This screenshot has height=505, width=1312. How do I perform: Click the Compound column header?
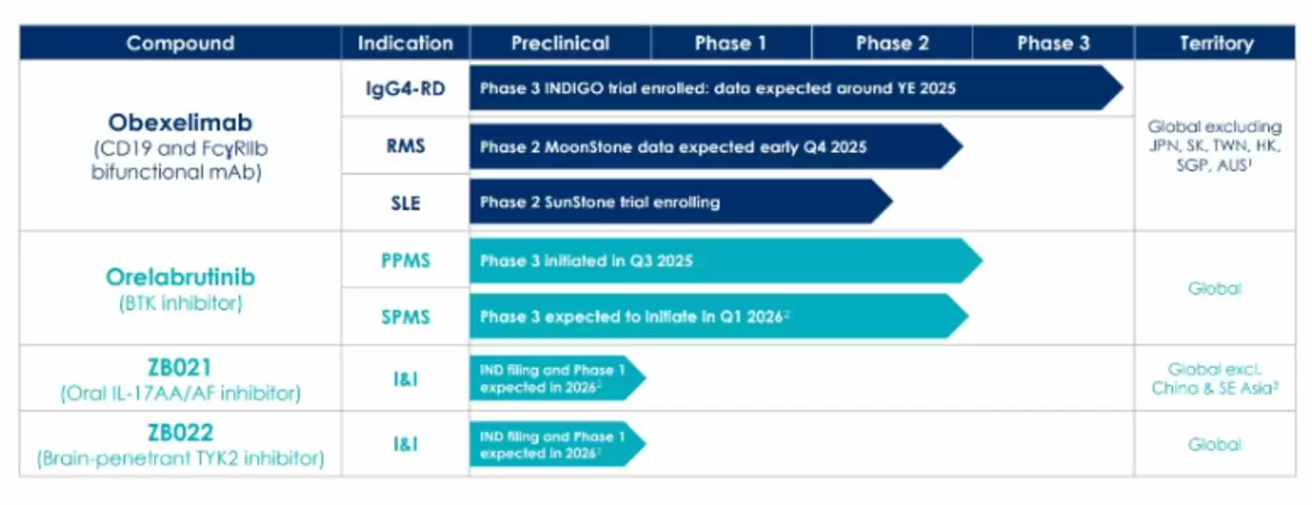click(180, 43)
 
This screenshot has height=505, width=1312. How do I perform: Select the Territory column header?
click(1215, 43)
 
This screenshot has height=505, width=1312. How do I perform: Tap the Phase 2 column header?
click(892, 43)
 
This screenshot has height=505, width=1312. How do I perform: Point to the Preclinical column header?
click(560, 43)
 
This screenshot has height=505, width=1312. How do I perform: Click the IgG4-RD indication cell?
click(405, 88)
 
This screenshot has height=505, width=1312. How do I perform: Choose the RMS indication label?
click(405, 145)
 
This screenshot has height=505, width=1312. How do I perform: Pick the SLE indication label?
click(405, 203)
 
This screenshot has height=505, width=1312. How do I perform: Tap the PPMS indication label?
click(405, 260)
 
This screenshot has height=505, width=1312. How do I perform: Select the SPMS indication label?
click(405, 316)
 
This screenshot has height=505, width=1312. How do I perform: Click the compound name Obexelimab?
click(180, 123)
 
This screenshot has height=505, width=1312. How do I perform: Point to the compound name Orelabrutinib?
click(180, 277)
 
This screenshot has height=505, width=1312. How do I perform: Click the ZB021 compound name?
click(180, 368)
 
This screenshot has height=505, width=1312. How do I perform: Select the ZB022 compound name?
click(180, 433)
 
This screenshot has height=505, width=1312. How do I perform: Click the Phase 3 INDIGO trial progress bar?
click(796, 88)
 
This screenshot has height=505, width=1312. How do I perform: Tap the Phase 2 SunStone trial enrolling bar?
click(681, 202)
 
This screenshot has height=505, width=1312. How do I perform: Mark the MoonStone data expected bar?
click(716, 146)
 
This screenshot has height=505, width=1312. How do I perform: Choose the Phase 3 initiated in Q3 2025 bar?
click(726, 260)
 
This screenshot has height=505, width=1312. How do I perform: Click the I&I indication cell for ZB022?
click(405, 444)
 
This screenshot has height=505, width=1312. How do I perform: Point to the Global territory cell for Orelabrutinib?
click(1214, 288)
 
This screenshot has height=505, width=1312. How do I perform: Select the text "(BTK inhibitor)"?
click(180, 303)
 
